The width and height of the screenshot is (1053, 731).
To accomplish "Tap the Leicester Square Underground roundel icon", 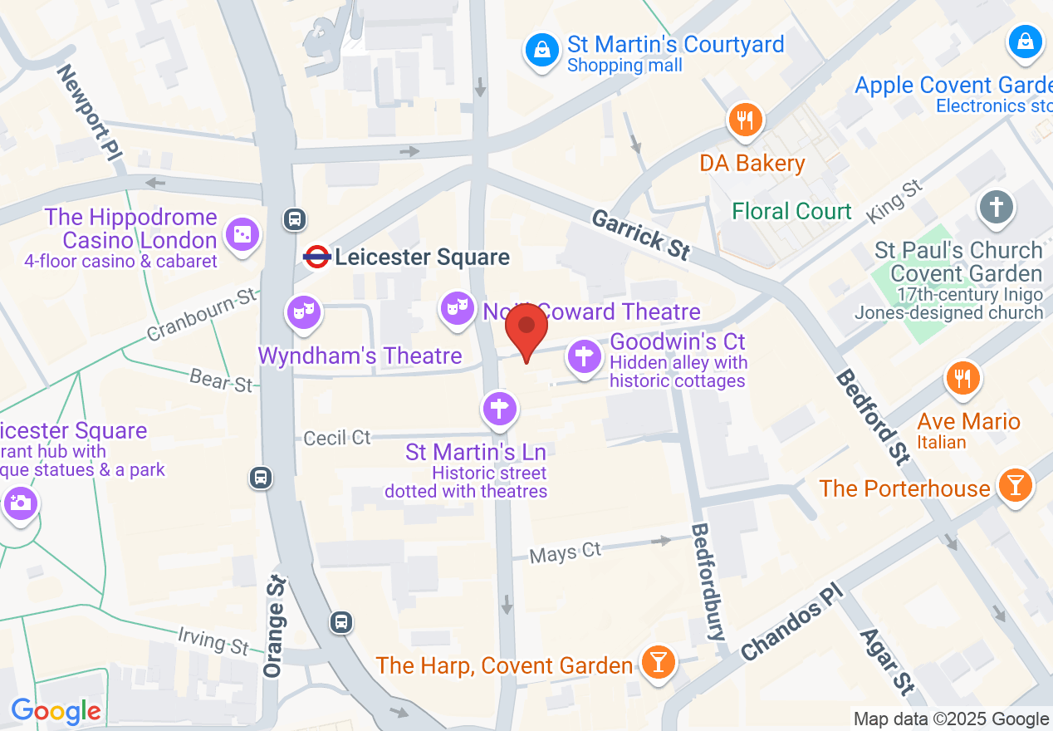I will pos(317,257).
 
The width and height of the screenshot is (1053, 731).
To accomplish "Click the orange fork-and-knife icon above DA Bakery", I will pos(745,120).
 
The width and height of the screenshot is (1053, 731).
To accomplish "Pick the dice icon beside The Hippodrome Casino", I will pos(242,236).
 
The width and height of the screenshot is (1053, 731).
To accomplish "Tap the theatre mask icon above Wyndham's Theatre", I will pos(303,312).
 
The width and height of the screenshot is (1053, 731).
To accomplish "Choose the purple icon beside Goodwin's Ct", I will pos(585,358).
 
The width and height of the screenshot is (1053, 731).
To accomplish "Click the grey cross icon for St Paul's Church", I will pos(997,206).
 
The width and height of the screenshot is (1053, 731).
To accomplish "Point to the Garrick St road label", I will pos(640,234).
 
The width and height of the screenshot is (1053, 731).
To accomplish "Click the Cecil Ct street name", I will pos(337,437).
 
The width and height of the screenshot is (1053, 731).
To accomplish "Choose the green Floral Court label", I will pos(791,211).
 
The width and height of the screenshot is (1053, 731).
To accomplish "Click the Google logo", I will pos(56,711).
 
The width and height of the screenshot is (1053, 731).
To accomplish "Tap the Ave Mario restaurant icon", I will pos(962,379).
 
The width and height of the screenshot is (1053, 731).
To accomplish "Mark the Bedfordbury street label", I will pos(709,581).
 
